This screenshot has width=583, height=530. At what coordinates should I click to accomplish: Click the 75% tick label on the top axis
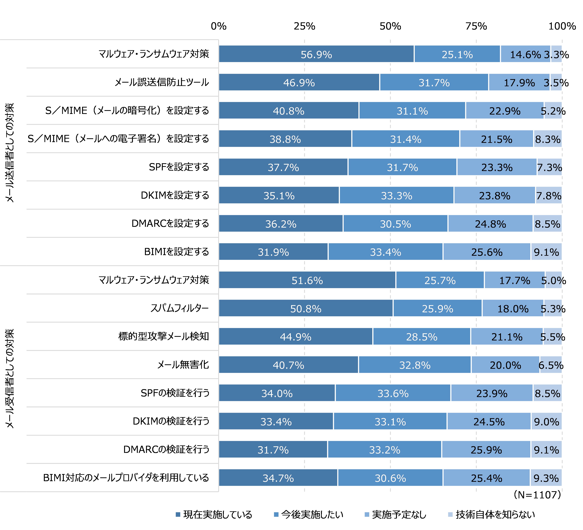(x=476, y=26)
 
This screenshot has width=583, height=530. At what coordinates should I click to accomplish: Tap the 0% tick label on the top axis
(x=219, y=26)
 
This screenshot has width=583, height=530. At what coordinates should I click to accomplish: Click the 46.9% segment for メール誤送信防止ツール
(x=299, y=82)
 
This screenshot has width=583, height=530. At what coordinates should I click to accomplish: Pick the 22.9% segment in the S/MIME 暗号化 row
(x=505, y=111)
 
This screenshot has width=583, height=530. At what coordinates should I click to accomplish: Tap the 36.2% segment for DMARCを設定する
(x=281, y=224)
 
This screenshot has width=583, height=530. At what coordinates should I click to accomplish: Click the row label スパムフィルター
(x=180, y=308)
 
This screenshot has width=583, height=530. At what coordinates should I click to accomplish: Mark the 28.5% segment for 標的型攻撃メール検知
(x=422, y=337)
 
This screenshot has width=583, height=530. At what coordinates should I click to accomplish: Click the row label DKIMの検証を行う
(x=171, y=421)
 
